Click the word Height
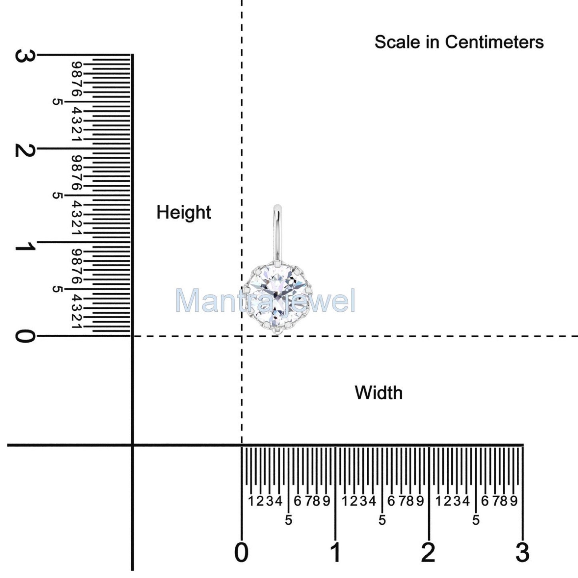tap(184, 212)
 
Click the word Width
tap(378, 393)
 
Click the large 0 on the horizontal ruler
tap(241, 553)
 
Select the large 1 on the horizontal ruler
tap(336, 553)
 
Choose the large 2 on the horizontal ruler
tap(428, 553)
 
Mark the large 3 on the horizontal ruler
tap(522, 553)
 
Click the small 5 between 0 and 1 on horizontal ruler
tap(288, 520)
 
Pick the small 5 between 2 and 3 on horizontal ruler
tap(476, 520)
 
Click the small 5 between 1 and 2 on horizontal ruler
tap(382, 520)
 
